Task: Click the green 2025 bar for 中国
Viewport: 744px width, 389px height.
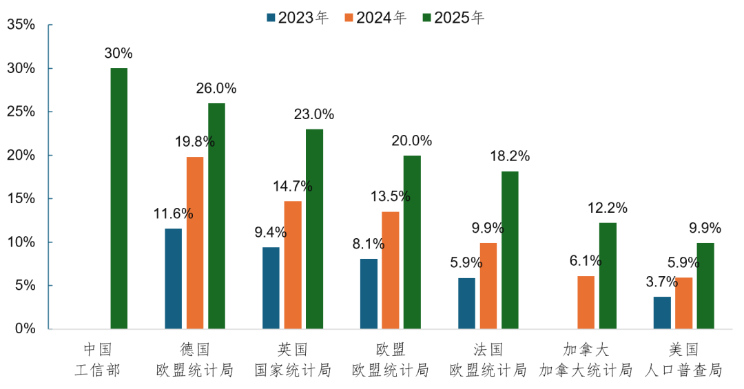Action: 118,198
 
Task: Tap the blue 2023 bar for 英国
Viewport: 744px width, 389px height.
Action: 271,288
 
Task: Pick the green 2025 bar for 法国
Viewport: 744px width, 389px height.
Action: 510,250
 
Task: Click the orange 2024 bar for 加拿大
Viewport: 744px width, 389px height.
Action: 586,302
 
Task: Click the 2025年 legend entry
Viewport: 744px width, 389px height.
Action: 454,18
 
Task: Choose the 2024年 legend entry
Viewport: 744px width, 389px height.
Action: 375,18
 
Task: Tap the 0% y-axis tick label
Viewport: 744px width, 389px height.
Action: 25,329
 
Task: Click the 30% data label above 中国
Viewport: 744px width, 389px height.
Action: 118,53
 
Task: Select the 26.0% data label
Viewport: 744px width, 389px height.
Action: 216,88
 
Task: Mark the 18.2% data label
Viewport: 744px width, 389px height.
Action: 510,156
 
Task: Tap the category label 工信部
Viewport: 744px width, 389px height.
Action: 97,370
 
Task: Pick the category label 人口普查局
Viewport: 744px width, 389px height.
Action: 683,370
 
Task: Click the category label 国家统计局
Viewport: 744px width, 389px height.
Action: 293,370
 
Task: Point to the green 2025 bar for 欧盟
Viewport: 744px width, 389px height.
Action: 412,242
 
